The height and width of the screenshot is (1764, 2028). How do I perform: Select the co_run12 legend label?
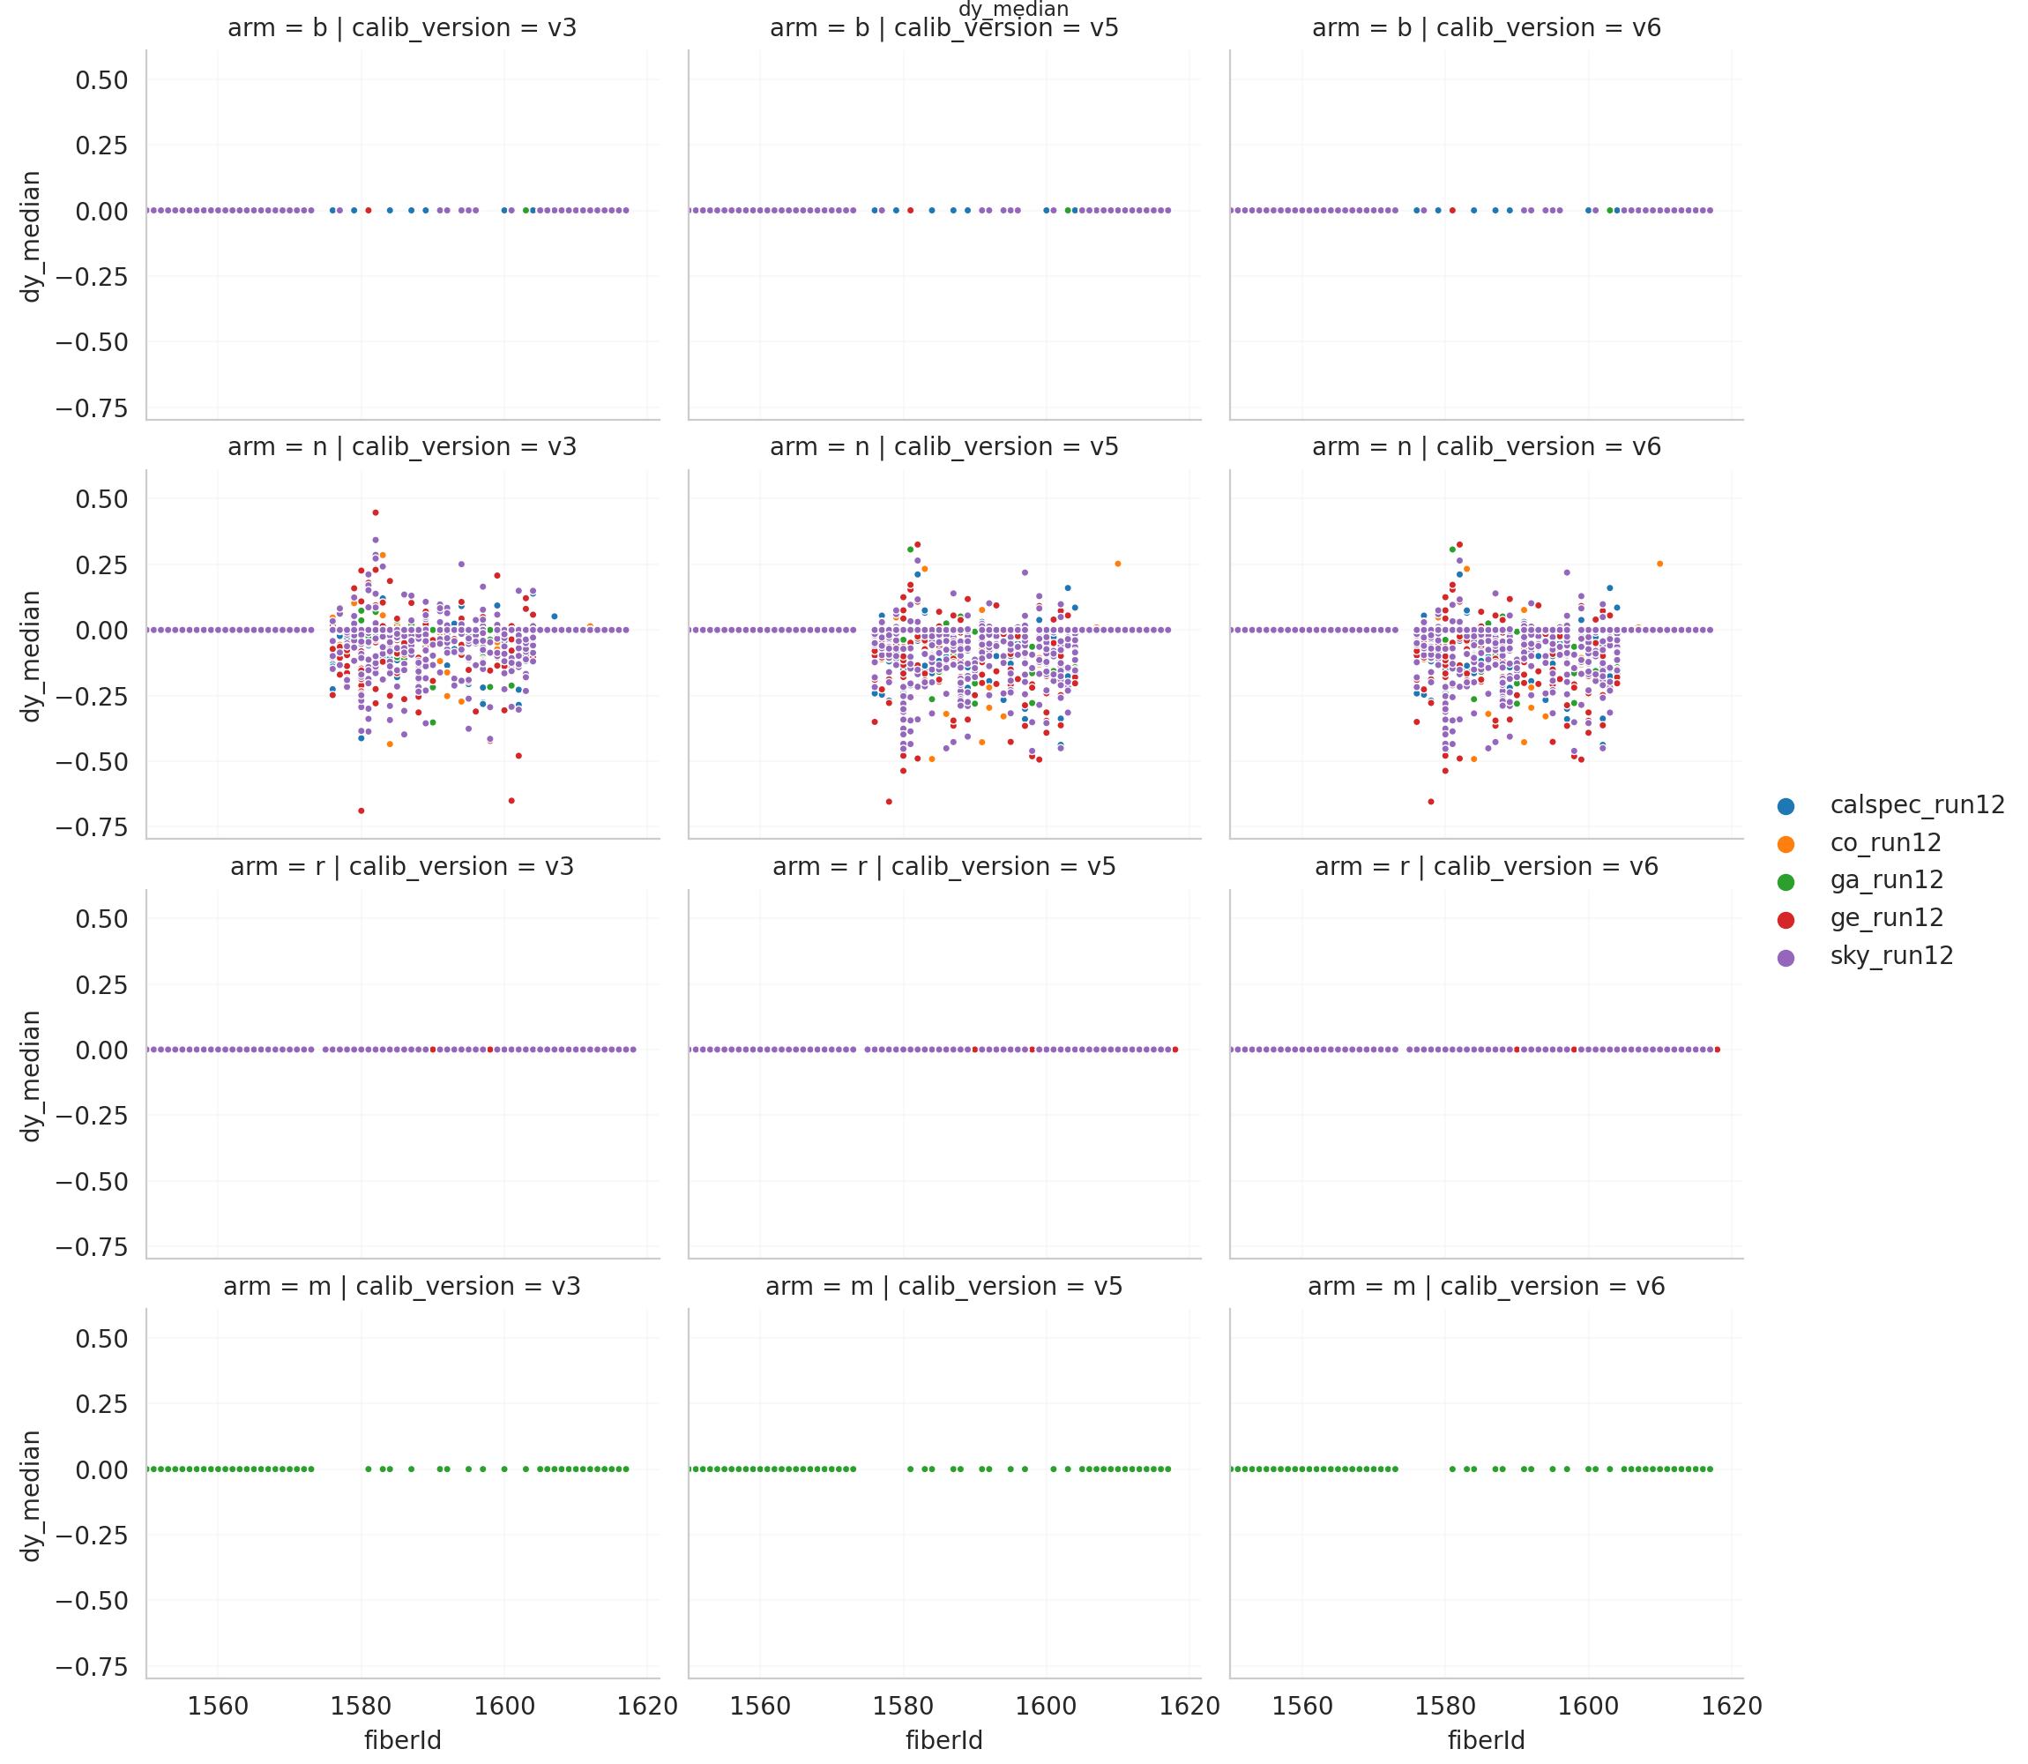[x=1884, y=843]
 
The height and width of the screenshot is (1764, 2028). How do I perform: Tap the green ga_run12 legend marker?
[x=1786, y=882]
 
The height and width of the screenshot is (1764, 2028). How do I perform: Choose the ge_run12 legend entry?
[x=1885, y=918]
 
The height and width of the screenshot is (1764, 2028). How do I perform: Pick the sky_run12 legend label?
[x=1890, y=957]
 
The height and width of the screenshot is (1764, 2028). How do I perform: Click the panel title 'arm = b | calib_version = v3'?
[x=402, y=27]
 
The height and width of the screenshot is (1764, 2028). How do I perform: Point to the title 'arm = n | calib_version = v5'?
[x=943, y=447]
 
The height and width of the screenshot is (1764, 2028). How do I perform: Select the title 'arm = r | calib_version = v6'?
[x=1486, y=867]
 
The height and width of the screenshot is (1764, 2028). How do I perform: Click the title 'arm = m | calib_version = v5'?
[x=943, y=1287]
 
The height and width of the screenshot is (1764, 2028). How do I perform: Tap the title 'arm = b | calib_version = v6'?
[x=1486, y=27]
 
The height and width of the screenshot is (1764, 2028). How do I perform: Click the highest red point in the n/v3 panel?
[x=375, y=512]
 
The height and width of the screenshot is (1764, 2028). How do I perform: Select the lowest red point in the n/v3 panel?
[x=362, y=811]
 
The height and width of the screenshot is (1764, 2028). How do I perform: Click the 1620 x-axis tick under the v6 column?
[x=1731, y=1706]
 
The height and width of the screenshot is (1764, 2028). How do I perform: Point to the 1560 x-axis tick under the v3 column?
[x=218, y=1706]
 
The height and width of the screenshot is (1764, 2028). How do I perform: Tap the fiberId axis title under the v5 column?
[x=943, y=1740]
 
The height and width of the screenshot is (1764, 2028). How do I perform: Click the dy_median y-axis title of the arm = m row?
[x=32, y=1496]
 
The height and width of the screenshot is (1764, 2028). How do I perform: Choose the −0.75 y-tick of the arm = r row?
[x=92, y=1248]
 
